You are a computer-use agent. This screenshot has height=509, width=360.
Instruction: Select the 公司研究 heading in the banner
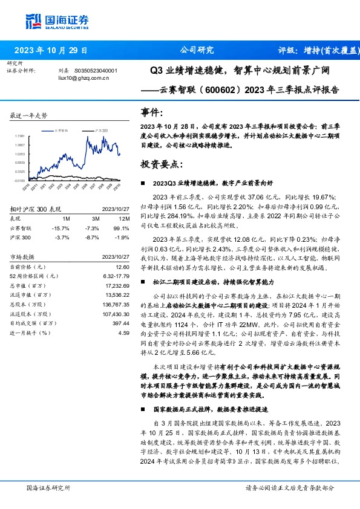[x=198, y=50]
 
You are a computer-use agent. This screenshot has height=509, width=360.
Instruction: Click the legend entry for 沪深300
[x=101, y=130]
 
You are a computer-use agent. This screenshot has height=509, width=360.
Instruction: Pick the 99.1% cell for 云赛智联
[x=122, y=228]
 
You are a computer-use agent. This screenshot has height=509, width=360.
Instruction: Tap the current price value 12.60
[x=122, y=267]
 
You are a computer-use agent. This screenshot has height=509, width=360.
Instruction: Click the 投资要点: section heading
[x=159, y=163]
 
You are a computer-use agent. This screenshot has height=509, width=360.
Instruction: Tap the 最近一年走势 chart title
[x=29, y=115]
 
